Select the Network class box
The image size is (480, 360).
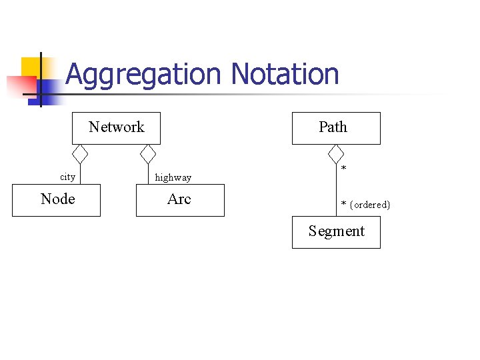tap(116, 127)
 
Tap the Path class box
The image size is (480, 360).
tap(336, 127)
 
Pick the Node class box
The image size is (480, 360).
tap(57, 199)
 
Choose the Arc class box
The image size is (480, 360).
tap(180, 199)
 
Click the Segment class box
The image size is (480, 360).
tap(336, 232)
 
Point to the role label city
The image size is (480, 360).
tap(67, 177)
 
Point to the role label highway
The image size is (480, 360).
tap(173, 177)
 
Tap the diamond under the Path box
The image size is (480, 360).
tap(336, 154)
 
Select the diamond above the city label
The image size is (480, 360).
tap(80, 154)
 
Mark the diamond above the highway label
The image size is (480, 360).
tap(148, 154)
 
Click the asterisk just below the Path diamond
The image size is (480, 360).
tap(343, 169)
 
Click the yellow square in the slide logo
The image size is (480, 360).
tap(31, 67)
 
